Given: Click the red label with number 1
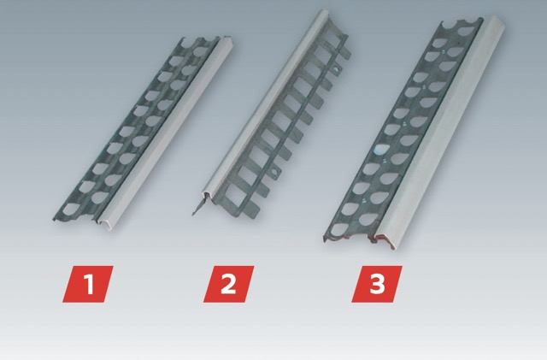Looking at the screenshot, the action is pyautogui.click(x=88, y=284).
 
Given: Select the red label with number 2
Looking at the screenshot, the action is pyautogui.click(x=229, y=284).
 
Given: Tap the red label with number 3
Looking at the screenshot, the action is pyautogui.click(x=377, y=284).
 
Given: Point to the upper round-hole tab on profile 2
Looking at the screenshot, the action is pyautogui.click(x=336, y=69).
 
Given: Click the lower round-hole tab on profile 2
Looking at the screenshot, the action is pyautogui.click(x=274, y=172).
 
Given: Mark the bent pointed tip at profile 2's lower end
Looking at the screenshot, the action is pyautogui.click(x=197, y=210).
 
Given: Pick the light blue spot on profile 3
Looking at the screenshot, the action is pyautogui.click(x=378, y=150).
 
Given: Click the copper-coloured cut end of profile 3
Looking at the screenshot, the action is pyautogui.click(x=381, y=240).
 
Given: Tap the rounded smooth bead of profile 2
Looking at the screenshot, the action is pyautogui.click(x=266, y=101).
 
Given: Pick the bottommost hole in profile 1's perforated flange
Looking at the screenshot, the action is pyautogui.click(x=71, y=209).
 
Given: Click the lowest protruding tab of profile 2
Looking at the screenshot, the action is pyautogui.click(x=253, y=209).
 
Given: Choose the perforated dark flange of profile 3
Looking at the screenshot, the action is pyautogui.click(x=401, y=131).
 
